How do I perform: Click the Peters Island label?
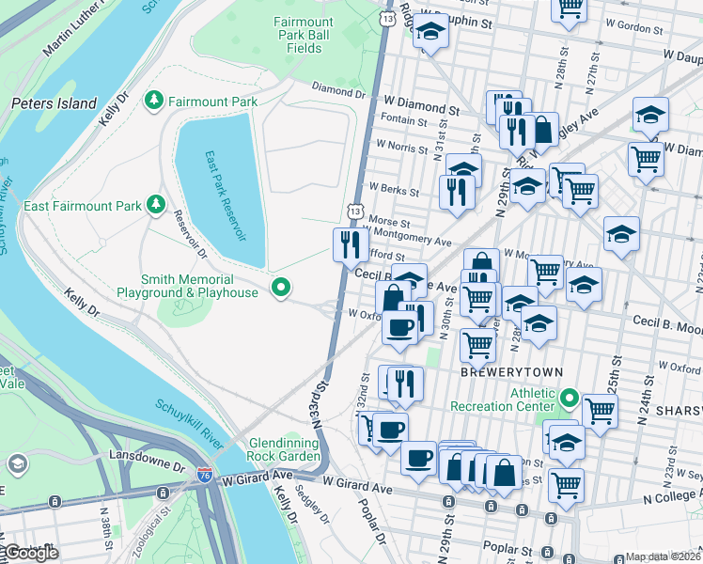(x=54, y=103)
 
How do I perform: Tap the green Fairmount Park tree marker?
(x=152, y=100)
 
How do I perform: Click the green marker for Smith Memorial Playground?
(x=279, y=287)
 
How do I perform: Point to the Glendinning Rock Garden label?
(x=286, y=450)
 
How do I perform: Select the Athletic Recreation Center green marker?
(x=569, y=399)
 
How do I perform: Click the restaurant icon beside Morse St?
(x=350, y=244)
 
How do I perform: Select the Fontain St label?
(x=412, y=119)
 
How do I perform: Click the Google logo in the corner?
(x=30, y=553)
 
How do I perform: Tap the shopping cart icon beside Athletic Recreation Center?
(x=600, y=410)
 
